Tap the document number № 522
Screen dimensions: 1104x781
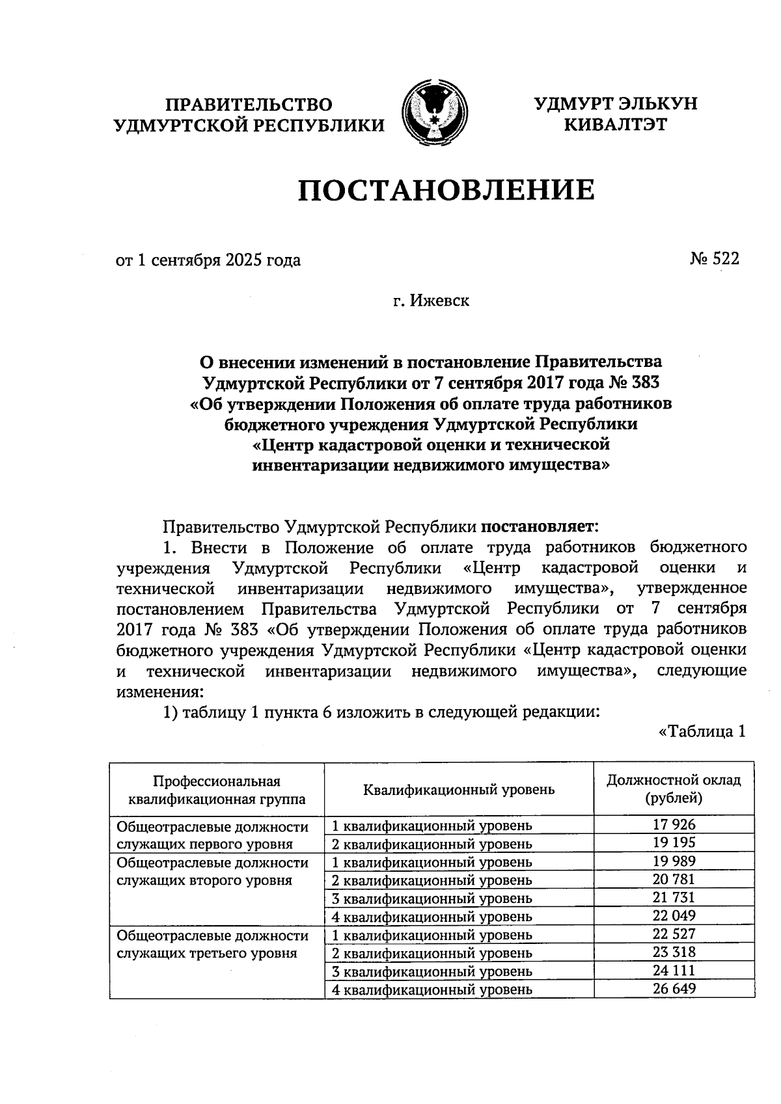pos(714,259)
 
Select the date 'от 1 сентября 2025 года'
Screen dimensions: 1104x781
pos(208,261)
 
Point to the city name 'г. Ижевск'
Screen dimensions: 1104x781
pos(430,301)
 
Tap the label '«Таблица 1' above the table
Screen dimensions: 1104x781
pos(701,732)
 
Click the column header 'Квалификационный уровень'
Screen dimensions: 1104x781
pos(459,789)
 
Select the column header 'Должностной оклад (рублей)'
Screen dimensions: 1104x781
pos(674,788)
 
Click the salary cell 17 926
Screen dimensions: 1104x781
pos(674,825)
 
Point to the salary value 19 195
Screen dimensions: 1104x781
pos(674,843)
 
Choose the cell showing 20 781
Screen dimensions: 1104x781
pos(674,880)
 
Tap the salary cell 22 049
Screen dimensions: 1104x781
pos(674,916)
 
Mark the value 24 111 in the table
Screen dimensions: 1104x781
pos(674,971)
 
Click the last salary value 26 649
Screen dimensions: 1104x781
pos(674,989)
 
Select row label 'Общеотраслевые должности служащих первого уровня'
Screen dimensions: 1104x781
pos(212,835)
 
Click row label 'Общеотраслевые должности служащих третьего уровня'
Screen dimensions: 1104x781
pos(212,945)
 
